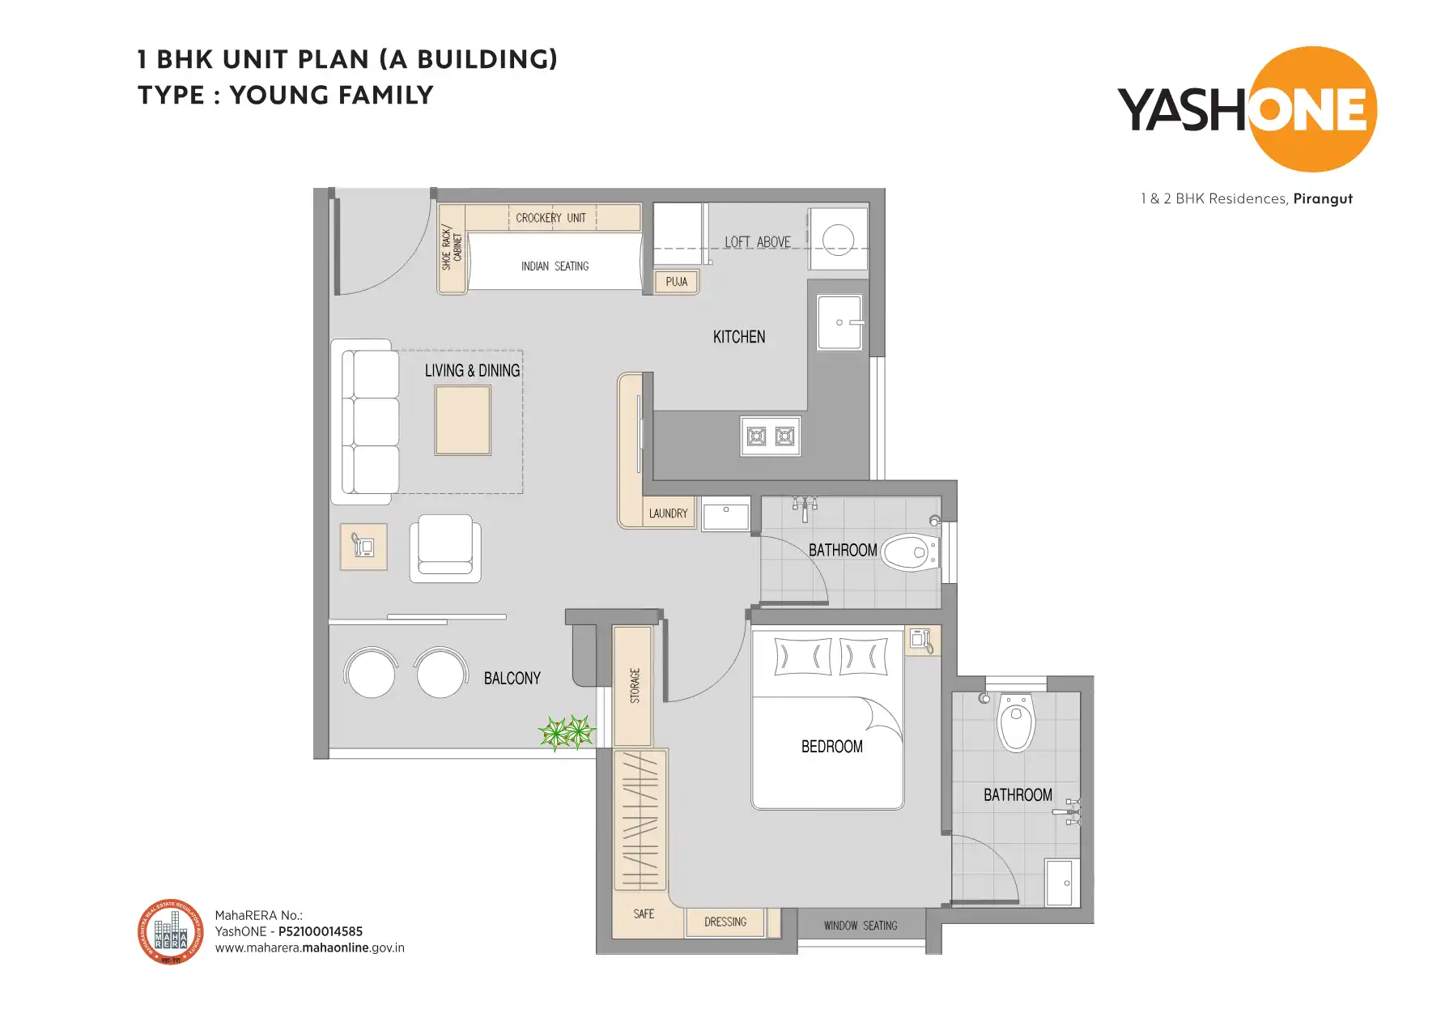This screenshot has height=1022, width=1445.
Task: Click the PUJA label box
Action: (x=676, y=282)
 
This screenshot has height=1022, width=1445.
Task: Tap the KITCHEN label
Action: (x=738, y=337)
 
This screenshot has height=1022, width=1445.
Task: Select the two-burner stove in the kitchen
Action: (x=770, y=436)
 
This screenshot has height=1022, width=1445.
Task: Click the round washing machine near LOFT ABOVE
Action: (x=838, y=240)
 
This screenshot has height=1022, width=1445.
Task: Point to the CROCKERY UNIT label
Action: (x=550, y=218)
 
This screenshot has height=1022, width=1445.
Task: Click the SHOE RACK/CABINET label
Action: (x=452, y=249)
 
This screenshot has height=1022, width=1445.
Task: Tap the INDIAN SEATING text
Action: (x=555, y=266)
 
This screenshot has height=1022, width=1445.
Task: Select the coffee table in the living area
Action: (x=463, y=420)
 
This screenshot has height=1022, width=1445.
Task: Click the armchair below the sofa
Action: (x=445, y=548)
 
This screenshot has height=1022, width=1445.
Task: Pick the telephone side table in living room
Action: (x=363, y=547)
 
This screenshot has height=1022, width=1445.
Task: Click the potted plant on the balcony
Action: (x=567, y=732)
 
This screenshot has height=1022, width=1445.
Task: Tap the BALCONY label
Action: (x=512, y=679)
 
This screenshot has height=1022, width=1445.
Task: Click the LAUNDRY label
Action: (x=668, y=513)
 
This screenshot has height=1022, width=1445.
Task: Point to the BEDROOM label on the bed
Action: (x=831, y=747)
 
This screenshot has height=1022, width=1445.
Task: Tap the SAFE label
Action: (x=644, y=914)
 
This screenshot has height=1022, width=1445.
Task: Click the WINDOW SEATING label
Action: (x=861, y=926)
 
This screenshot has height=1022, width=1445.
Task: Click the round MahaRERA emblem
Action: (x=171, y=932)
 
